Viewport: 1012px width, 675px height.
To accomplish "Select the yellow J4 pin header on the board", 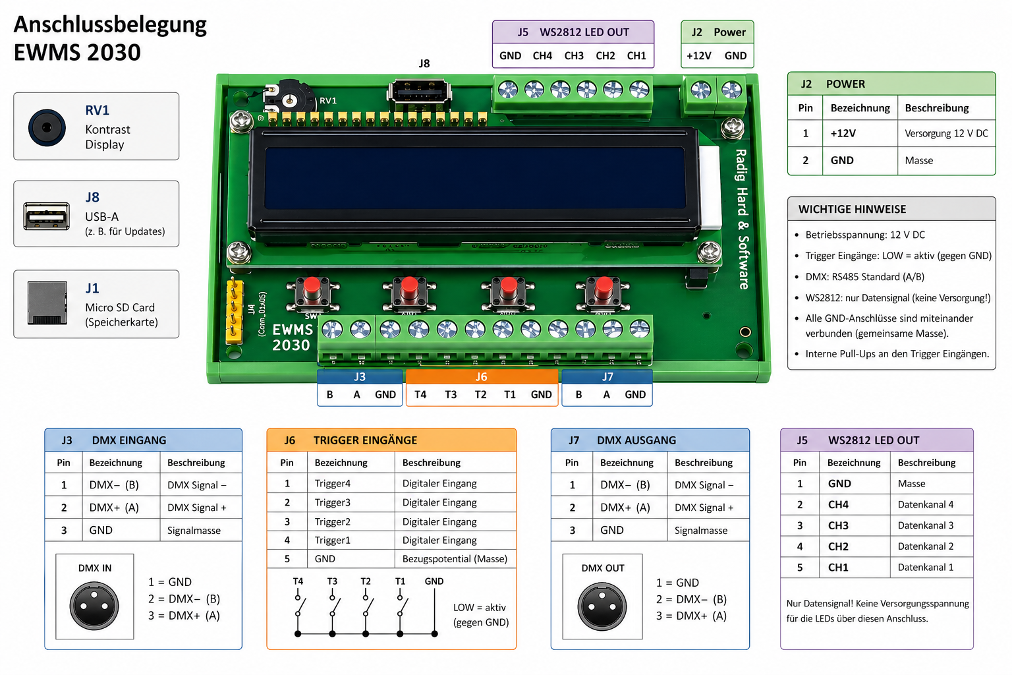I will [x=234, y=310].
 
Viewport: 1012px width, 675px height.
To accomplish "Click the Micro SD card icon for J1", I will [x=47, y=303].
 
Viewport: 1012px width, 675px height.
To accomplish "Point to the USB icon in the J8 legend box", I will [x=47, y=216].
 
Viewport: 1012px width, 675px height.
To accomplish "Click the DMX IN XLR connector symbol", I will [x=94, y=606].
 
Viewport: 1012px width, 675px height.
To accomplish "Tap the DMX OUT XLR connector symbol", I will [x=602, y=606].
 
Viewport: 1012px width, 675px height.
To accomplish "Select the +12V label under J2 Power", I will [x=698, y=56].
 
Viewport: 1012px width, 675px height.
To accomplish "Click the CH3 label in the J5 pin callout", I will [x=574, y=56].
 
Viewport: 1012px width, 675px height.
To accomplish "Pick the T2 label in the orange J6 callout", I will [x=480, y=395].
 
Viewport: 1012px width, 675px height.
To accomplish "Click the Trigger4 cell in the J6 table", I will [x=333, y=483].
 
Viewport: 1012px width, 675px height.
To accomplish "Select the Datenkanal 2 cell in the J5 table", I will [x=925, y=546].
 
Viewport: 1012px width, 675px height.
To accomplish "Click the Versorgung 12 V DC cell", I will [x=946, y=133].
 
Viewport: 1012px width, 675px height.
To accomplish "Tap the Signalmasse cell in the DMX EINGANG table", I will [x=194, y=531].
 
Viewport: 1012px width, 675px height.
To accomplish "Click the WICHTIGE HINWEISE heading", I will [x=852, y=210].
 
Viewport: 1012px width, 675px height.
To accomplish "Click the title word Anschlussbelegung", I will [x=110, y=24].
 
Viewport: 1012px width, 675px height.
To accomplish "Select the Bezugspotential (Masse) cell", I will [x=455, y=559].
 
